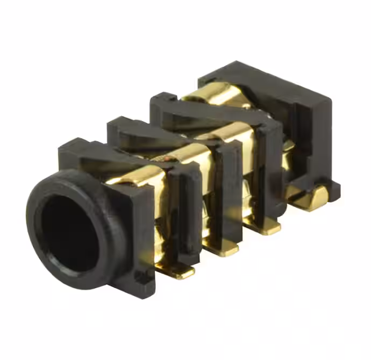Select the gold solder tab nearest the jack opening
point(180,272)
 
